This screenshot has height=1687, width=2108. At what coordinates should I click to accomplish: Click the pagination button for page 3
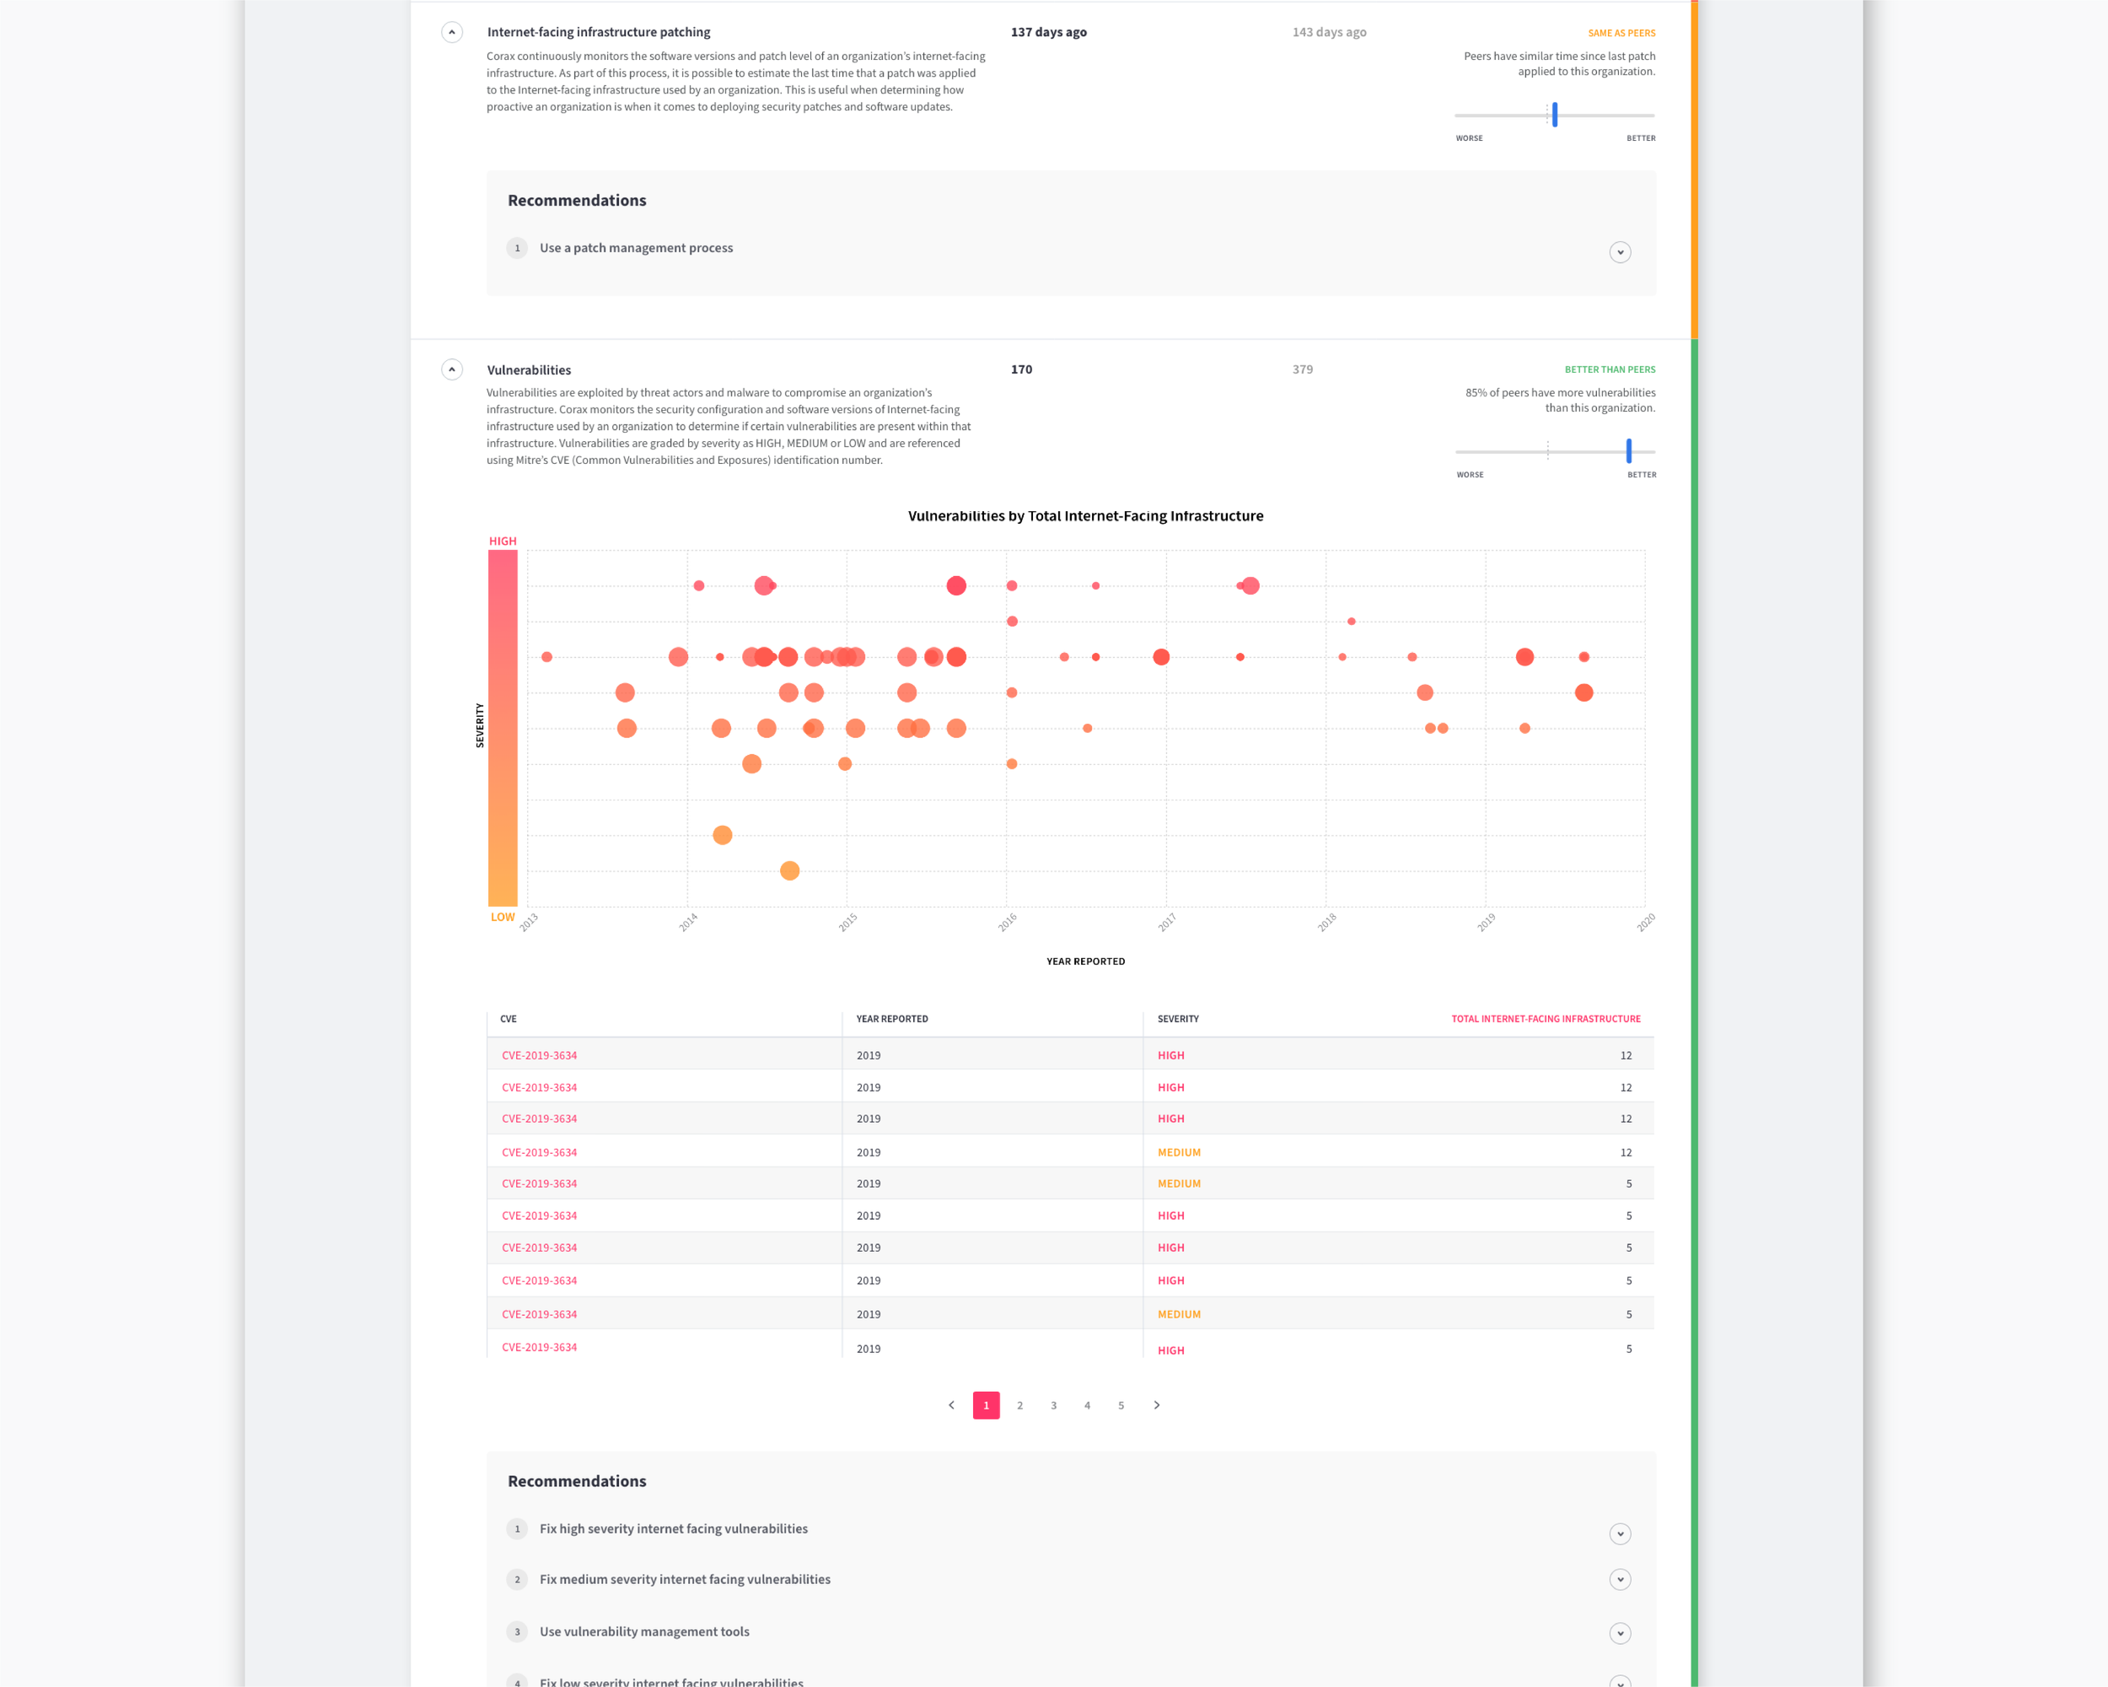pos(1053,1405)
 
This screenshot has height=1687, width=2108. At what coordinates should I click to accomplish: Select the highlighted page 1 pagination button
pos(986,1405)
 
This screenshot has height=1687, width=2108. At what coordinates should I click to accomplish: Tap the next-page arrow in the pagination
pos(1157,1405)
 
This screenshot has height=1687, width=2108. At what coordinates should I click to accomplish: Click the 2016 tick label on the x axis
pos(1007,922)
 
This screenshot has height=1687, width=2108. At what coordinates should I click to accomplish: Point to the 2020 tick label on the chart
pos(1646,922)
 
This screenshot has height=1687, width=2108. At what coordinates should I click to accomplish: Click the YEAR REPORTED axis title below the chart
pos(1085,962)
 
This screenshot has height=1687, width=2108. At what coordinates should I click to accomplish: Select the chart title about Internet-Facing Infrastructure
pos(1085,516)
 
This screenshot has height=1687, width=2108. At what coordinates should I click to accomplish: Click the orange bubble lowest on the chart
pos(790,870)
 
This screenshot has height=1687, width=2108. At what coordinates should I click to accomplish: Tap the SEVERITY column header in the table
pos(1178,1019)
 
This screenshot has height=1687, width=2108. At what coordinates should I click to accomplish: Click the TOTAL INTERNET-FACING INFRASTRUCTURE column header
pos(1546,1019)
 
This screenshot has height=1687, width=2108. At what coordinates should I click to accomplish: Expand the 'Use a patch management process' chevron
pos(1620,252)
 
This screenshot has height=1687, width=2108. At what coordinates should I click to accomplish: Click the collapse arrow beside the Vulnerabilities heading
pos(452,369)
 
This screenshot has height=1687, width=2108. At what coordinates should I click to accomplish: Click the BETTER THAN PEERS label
pos(1610,369)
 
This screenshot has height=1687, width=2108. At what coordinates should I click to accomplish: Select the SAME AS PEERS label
pos(1621,33)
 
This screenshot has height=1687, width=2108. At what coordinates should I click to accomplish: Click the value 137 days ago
pos(1048,32)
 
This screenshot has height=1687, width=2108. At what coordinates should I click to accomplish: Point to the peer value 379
pos(1303,369)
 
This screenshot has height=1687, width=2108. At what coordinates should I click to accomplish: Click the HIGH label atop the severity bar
pos(503,541)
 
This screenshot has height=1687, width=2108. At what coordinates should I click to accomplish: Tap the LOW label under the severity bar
pos(503,918)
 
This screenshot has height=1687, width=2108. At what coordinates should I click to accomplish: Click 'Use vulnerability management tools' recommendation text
pos(644,1631)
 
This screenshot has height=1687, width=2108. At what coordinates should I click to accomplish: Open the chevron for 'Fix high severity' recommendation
pos(1620,1533)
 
